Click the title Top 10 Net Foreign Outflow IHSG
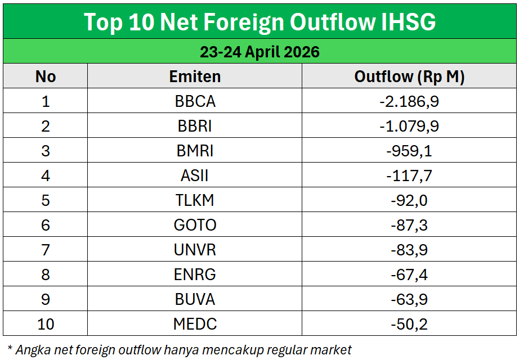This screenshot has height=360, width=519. point(259,21)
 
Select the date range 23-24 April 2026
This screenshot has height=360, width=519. point(259,52)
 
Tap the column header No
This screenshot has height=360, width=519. point(46,76)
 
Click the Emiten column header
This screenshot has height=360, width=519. point(195,76)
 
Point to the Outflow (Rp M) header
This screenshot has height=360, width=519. point(409,76)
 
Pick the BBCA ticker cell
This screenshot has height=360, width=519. point(195,101)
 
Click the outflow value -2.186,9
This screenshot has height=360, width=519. point(409,101)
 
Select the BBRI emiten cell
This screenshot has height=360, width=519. point(195,126)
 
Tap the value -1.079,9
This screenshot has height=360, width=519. point(409,126)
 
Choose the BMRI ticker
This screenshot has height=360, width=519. point(195,151)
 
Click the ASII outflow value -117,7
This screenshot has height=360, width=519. point(409,175)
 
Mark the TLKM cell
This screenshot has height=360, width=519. point(195,200)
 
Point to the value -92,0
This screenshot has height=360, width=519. point(409,200)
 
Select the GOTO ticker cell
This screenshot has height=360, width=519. point(195,225)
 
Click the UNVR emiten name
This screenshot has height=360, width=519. point(195,250)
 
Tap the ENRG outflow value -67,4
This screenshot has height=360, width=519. point(409,274)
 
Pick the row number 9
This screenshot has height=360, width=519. point(46,299)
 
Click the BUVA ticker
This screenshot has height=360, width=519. point(195,299)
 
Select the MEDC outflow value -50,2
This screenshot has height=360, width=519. point(409,324)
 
